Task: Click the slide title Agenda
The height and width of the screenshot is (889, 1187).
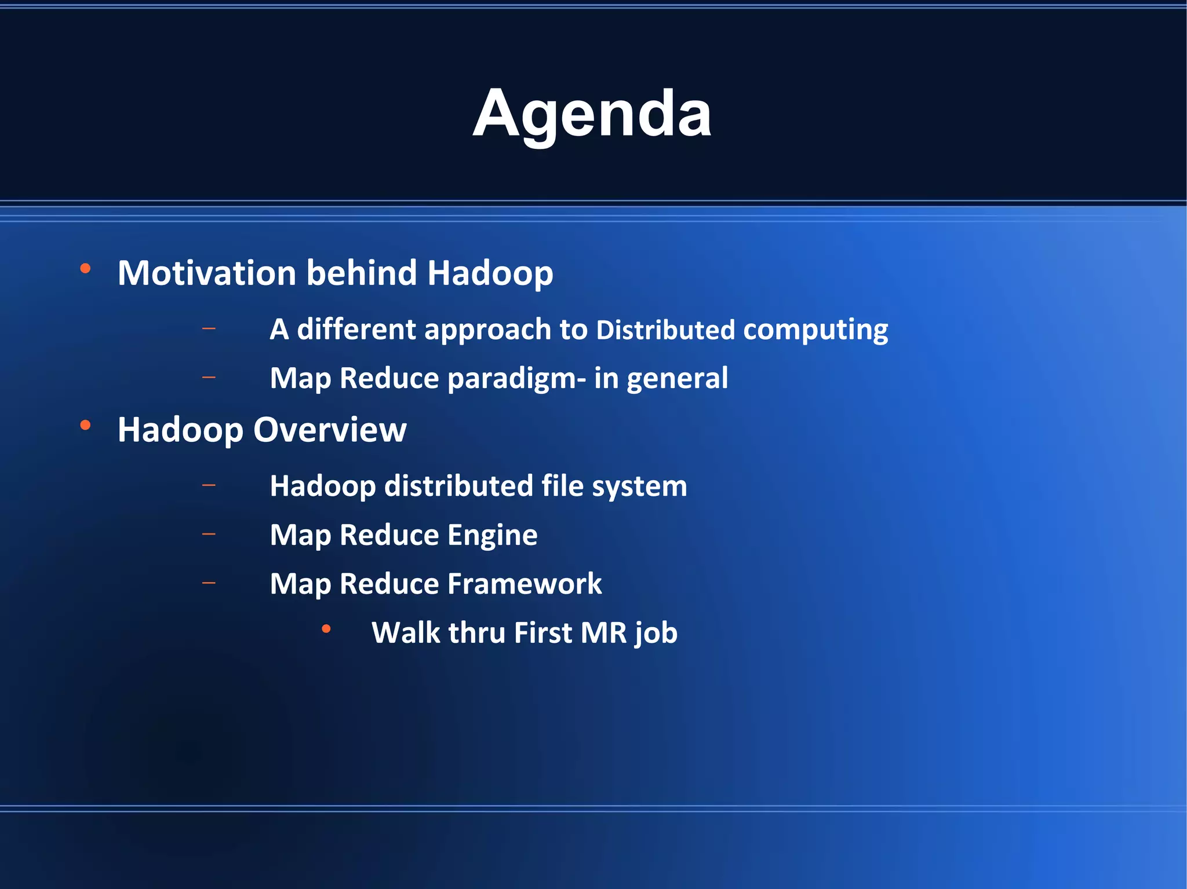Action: pyautogui.click(x=592, y=114)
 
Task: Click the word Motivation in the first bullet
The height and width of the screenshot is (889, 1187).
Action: pyautogui.click(x=207, y=273)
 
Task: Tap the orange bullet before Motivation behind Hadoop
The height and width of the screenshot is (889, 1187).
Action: pyautogui.click(x=85, y=269)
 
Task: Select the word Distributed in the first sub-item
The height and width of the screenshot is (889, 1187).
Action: pyautogui.click(x=665, y=330)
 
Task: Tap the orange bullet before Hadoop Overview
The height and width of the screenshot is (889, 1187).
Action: pyautogui.click(x=85, y=426)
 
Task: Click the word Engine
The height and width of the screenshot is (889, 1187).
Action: pyautogui.click(x=492, y=535)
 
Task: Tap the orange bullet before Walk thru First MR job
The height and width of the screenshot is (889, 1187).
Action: pyautogui.click(x=326, y=629)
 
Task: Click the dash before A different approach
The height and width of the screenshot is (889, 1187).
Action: pyautogui.click(x=209, y=329)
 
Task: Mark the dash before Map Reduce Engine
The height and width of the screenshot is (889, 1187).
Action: pyautogui.click(x=209, y=534)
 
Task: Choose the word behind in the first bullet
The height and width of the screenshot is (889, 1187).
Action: pyautogui.click(x=361, y=273)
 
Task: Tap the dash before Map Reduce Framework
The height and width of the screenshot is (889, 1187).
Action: pyautogui.click(x=209, y=583)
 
